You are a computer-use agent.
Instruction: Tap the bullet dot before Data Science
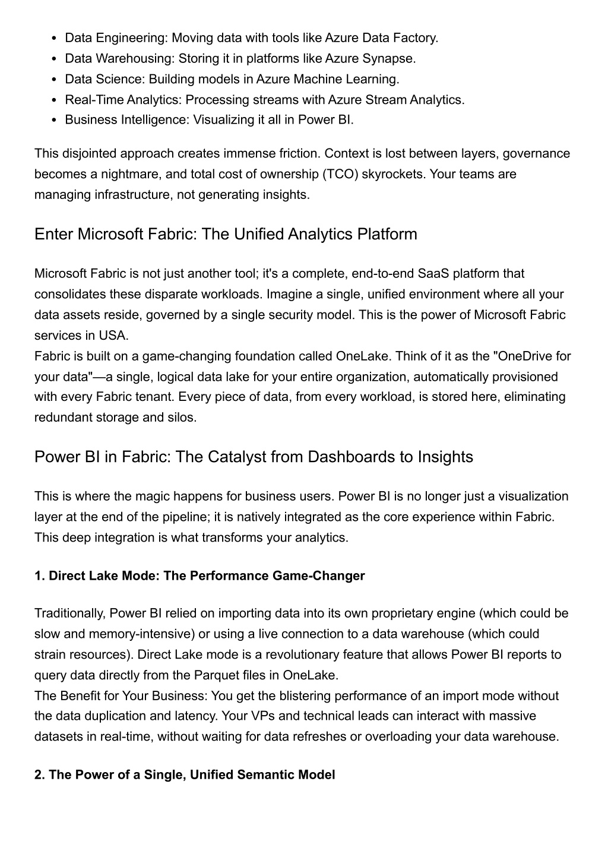point(54,80)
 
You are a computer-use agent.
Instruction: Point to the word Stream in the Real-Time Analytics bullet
point(386,99)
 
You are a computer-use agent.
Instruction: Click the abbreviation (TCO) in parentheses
point(340,174)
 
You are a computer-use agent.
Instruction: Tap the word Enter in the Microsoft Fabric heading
point(54,234)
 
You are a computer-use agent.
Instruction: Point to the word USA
point(113,335)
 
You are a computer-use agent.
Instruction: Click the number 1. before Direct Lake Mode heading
point(40,576)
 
